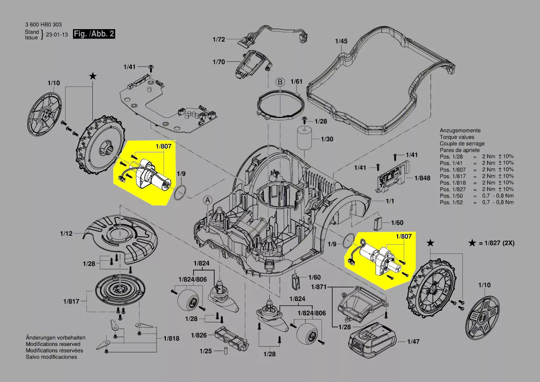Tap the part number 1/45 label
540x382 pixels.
point(341,41)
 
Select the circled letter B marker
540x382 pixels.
point(279,82)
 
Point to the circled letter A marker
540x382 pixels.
point(208,200)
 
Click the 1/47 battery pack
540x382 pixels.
point(371,339)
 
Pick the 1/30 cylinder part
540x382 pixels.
point(305,137)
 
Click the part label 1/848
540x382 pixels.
point(422,178)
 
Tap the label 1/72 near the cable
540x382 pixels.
point(218,40)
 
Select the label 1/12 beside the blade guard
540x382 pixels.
point(66,234)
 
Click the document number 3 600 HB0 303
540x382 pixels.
point(43,25)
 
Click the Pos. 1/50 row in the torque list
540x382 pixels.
point(476,196)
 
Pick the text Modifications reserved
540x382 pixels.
point(53,345)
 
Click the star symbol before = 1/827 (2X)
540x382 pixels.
point(473,243)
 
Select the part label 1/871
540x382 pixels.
point(319,287)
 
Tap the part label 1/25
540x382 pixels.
point(206,351)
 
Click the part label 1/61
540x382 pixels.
point(296,82)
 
